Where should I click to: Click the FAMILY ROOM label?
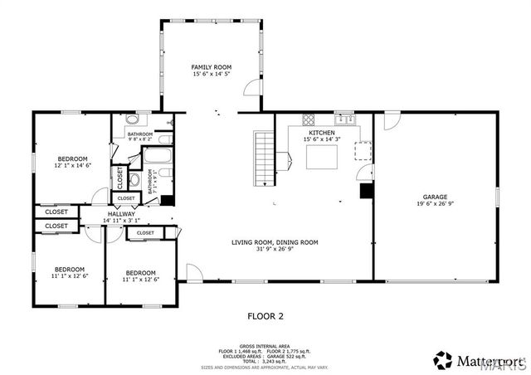[x=211, y=66]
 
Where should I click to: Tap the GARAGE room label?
[x=436, y=197]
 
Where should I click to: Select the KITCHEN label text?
[x=322, y=133]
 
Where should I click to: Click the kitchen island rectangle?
[x=324, y=157]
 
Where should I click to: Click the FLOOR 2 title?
[x=265, y=315]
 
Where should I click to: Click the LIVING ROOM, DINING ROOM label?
[x=275, y=242]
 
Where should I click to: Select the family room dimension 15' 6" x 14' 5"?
[x=211, y=74]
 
